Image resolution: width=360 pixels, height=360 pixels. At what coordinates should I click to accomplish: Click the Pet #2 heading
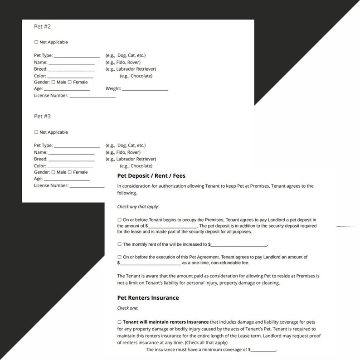click(42, 27)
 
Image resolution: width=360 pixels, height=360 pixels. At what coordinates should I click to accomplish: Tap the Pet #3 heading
click(42, 117)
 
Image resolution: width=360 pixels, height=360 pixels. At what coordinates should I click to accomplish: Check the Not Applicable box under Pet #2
click(36, 42)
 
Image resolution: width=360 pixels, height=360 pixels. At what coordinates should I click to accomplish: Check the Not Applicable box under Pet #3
click(36, 132)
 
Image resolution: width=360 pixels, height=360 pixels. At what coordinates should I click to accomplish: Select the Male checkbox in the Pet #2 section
click(54, 82)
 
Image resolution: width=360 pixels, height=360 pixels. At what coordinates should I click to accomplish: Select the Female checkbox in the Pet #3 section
click(70, 172)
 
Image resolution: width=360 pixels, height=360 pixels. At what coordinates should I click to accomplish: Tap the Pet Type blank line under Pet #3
click(77, 146)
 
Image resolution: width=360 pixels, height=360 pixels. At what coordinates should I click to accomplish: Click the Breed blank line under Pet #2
click(71, 70)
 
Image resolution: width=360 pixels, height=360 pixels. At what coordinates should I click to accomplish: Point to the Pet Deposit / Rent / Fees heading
click(151, 176)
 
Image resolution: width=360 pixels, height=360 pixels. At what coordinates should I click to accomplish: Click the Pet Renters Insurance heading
click(148, 298)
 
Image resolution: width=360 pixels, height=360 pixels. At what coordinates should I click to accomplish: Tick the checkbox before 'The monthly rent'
click(120, 244)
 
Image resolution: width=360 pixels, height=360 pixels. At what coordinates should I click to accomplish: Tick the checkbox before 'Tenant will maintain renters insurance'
click(120, 322)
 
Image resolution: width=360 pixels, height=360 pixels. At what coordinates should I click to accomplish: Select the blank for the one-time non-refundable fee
click(150, 263)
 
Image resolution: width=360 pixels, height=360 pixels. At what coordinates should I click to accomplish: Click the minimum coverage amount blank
click(263, 350)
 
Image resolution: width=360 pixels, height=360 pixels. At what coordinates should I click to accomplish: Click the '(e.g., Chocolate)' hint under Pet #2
click(136, 76)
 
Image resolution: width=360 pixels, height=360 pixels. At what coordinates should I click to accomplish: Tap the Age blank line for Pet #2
click(67, 90)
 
